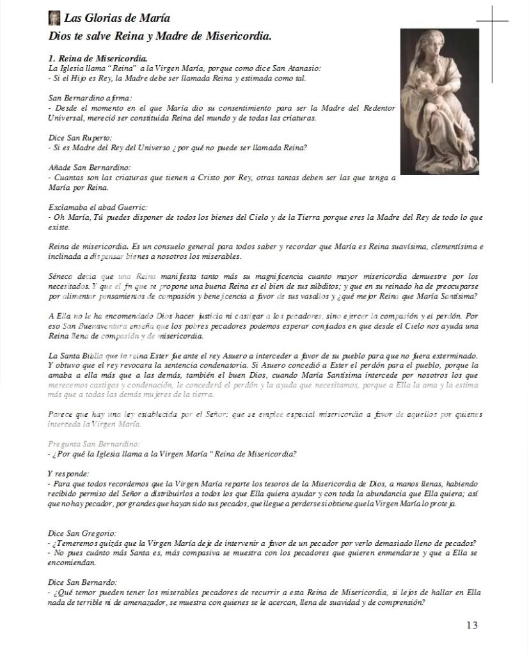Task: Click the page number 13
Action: (471, 625)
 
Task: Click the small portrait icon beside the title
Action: (54, 18)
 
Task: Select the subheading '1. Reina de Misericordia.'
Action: (97, 58)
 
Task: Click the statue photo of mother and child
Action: (439, 102)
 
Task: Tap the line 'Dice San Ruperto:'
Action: (79, 137)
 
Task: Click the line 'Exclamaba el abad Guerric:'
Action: (98, 207)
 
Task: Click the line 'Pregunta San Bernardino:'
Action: (93, 443)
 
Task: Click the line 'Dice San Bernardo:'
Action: (83, 582)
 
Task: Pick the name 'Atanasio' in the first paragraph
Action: (304, 68)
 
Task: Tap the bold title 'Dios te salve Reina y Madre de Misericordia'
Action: (160, 36)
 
